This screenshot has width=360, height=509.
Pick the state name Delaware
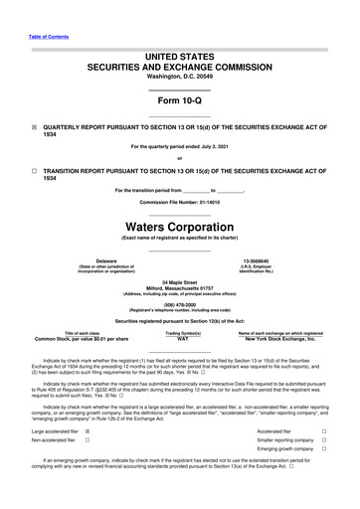point(92,260)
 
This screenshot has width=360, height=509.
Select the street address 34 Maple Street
point(179,281)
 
